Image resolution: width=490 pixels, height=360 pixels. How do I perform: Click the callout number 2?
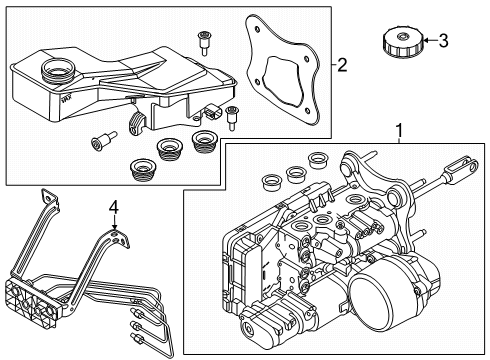342,65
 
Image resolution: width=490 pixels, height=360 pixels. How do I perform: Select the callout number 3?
443,41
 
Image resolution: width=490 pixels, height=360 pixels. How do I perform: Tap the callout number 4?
114,208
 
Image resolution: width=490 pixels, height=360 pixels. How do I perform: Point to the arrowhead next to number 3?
426,41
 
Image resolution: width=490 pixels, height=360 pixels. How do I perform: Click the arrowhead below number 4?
114,227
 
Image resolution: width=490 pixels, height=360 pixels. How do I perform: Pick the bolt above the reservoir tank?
203,43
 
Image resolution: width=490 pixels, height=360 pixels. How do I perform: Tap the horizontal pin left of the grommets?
103,141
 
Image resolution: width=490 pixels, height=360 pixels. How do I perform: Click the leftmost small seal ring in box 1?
270,182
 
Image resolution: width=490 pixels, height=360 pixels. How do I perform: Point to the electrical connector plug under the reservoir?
213,113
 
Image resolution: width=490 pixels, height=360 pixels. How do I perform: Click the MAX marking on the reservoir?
65,99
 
